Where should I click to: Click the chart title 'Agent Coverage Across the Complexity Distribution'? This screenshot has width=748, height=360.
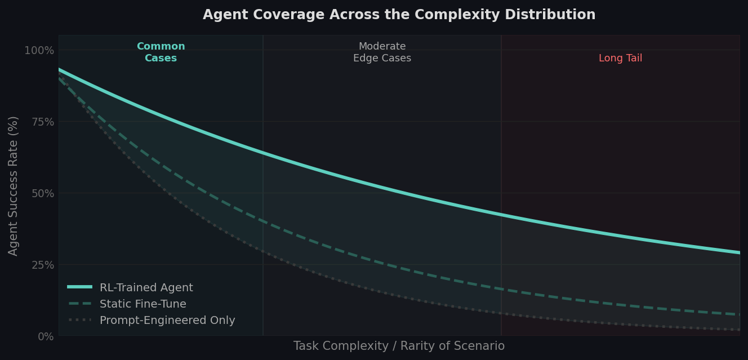click(x=399, y=15)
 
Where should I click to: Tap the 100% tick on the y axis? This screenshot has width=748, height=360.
click(x=39, y=51)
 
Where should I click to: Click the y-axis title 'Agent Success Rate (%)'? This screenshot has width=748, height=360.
click(x=14, y=185)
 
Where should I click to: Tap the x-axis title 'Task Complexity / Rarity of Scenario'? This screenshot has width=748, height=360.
click(x=399, y=346)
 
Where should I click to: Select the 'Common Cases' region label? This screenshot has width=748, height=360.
click(x=161, y=52)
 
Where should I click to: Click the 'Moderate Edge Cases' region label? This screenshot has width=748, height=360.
click(x=382, y=52)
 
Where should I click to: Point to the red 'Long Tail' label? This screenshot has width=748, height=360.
click(x=620, y=59)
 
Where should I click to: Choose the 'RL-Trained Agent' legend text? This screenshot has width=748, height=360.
click(x=146, y=288)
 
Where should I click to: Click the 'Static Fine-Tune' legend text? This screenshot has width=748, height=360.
click(x=143, y=304)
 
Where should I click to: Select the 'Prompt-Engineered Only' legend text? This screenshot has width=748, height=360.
click(x=167, y=321)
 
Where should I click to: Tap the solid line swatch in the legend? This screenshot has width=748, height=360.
click(x=79, y=287)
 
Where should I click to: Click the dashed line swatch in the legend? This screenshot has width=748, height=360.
click(x=79, y=304)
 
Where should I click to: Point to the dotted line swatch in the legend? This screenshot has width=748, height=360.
click(x=79, y=321)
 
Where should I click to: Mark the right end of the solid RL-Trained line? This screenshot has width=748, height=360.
click(x=739, y=252)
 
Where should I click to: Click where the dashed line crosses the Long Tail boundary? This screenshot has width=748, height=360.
click(x=501, y=288)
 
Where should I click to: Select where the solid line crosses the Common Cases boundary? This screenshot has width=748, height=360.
click(x=263, y=153)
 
